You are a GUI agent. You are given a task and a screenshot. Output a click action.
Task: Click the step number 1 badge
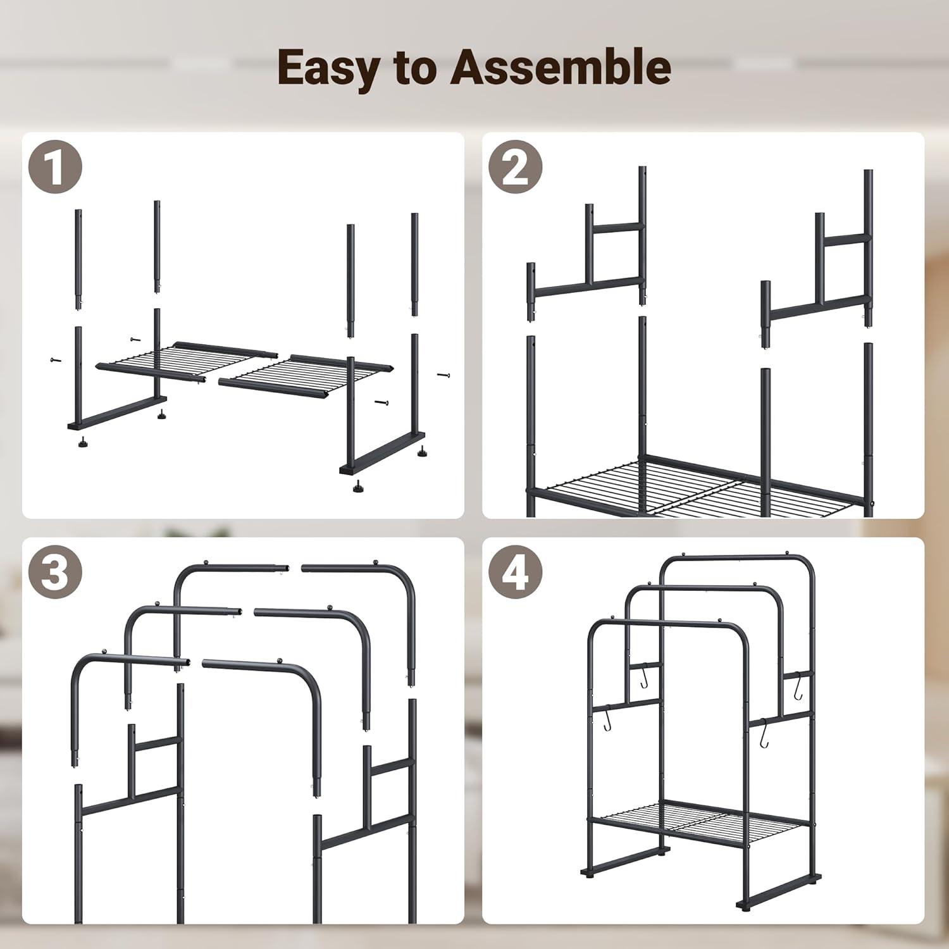click(55, 167)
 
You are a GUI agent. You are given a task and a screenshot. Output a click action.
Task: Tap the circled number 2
click(516, 167)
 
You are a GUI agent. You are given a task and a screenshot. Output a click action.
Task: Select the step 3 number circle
click(55, 573)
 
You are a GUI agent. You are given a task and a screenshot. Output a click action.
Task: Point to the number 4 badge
click(516, 573)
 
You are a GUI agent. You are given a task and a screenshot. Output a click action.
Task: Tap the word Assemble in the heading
click(560, 68)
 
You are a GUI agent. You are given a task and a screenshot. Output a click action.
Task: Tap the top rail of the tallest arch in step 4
click(737, 557)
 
